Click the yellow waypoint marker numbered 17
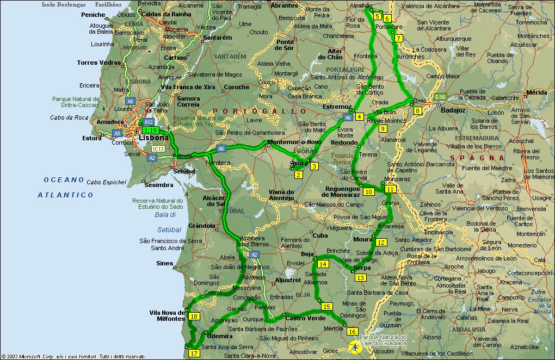click(x=194, y=353)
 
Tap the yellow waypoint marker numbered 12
click(x=381, y=243)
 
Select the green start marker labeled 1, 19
click(x=150, y=131)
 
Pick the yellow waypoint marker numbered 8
click(x=417, y=111)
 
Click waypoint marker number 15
click(x=326, y=307)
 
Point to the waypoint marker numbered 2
click(x=298, y=175)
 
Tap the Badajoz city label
click(x=453, y=110)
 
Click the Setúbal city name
click(x=184, y=171)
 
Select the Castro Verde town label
click(x=305, y=318)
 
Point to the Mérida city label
click(x=536, y=92)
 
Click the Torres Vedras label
click(x=99, y=63)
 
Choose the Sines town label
click(x=164, y=263)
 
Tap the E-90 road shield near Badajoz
click(x=440, y=97)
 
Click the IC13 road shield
click(x=158, y=148)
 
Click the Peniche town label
click(x=93, y=15)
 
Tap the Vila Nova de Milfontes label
click(x=167, y=315)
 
